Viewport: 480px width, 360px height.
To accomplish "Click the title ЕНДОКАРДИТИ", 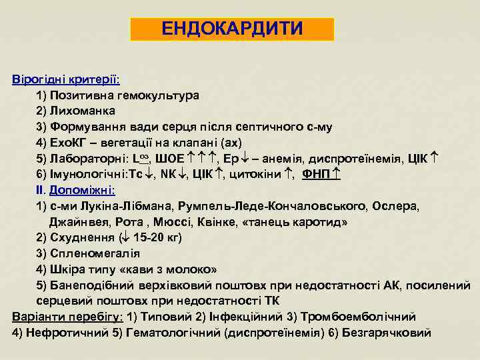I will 232,29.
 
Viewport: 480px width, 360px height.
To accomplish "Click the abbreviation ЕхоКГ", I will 67,142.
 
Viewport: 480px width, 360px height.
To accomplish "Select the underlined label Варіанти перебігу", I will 67,316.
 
